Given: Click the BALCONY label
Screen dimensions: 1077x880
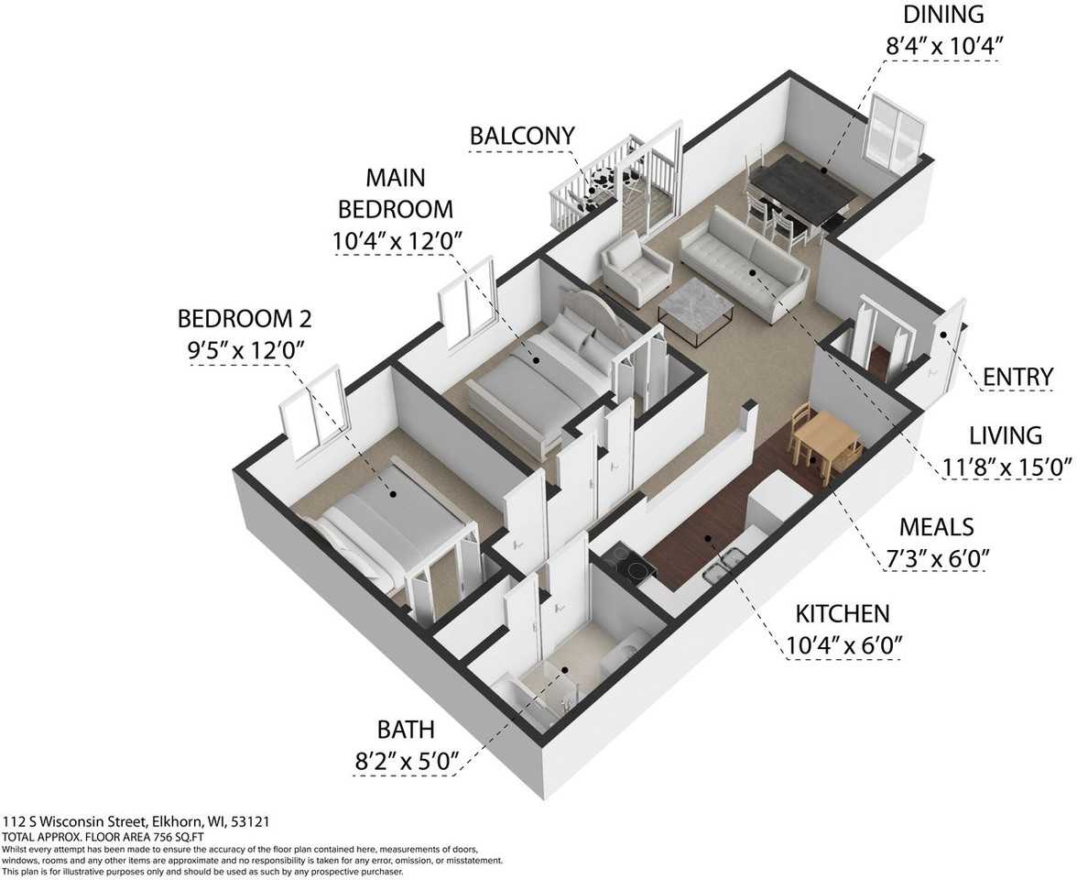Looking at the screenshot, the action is click(x=522, y=136).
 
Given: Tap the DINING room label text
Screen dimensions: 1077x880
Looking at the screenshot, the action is click(x=943, y=14).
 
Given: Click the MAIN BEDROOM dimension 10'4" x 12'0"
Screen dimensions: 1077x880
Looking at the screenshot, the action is click(x=396, y=240).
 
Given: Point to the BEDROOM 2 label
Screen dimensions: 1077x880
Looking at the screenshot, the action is click(x=245, y=318).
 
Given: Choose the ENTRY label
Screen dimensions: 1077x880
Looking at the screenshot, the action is click(x=1017, y=377).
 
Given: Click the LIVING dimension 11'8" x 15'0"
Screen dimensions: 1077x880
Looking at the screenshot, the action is click(x=1006, y=467).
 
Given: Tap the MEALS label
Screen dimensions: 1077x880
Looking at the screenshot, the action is click(x=937, y=527).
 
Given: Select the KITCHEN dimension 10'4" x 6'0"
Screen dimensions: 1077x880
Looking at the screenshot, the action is click(x=843, y=645).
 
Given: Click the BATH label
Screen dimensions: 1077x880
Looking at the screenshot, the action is click(x=405, y=729).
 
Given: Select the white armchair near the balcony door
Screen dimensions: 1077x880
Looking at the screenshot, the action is click(x=636, y=268).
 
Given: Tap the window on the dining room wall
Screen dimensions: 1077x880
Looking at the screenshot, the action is click(x=896, y=134).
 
